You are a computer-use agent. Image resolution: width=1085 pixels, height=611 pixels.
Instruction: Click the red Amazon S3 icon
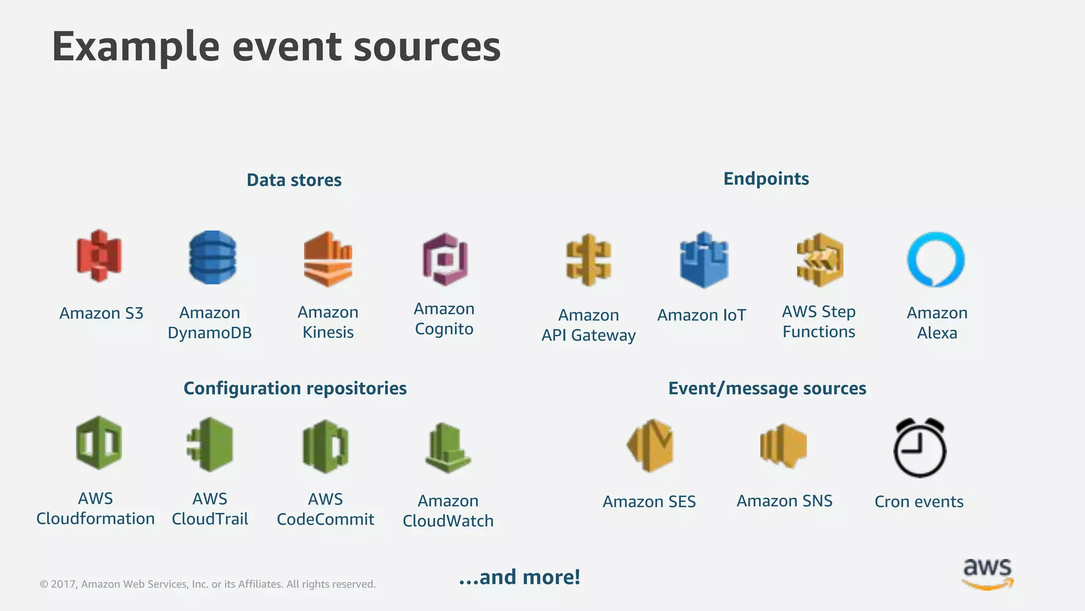click(x=99, y=256)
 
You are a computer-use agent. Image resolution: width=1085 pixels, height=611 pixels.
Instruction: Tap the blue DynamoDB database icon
click(x=212, y=257)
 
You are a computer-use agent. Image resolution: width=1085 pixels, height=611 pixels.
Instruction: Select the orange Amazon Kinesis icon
click(x=328, y=259)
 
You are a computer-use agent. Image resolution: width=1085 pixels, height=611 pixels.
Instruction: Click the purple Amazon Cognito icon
click(x=445, y=259)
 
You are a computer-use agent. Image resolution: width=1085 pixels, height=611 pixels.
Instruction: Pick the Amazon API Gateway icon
click(x=588, y=260)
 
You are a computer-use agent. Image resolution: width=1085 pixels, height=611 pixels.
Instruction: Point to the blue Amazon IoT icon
click(x=704, y=260)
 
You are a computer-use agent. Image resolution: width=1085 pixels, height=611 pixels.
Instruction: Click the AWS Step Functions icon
click(x=820, y=260)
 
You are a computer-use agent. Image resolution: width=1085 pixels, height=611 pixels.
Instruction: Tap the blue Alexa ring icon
click(x=936, y=259)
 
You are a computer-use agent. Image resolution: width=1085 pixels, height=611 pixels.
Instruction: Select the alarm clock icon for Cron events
click(x=920, y=448)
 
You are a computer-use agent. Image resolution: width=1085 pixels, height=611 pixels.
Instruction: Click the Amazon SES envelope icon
click(x=650, y=446)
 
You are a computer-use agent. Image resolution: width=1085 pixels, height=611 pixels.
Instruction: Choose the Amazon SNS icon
click(x=784, y=446)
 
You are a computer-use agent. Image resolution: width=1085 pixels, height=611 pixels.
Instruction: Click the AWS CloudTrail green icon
click(x=210, y=444)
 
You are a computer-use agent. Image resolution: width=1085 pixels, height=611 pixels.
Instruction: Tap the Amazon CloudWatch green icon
click(x=448, y=448)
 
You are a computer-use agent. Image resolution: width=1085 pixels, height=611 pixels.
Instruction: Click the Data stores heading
click(x=294, y=180)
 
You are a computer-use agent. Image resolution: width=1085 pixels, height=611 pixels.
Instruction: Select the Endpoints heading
click(x=766, y=179)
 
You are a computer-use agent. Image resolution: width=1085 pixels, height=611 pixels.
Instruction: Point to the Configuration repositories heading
click(x=295, y=388)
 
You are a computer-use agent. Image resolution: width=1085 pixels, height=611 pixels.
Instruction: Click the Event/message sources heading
click(x=767, y=388)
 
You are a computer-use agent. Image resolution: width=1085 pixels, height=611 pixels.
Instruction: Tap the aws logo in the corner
click(x=987, y=573)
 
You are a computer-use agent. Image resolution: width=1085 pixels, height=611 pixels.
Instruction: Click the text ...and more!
click(x=519, y=577)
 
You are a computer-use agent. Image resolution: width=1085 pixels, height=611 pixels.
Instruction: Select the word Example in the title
click(x=136, y=47)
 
